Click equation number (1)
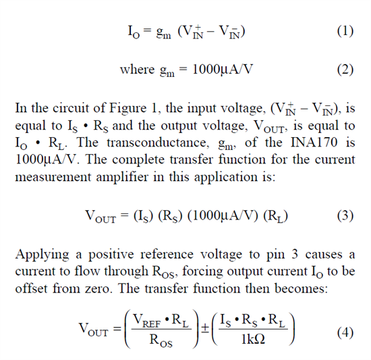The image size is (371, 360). [x=345, y=31]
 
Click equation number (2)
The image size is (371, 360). [x=345, y=70]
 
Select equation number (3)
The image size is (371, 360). [x=345, y=215]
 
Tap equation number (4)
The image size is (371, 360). [x=345, y=332]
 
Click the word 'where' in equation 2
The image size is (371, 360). [x=137, y=70]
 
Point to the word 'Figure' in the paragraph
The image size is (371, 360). [x=127, y=109]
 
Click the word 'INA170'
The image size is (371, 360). [x=314, y=143]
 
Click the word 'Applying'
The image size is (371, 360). [x=42, y=255]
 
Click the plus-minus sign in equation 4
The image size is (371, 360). [x=205, y=328]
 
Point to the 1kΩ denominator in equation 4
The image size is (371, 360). [x=253, y=339]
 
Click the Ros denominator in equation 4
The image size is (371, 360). [x=161, y=340]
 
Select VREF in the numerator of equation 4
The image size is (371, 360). [x=147, y=320]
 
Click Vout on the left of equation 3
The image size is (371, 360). [x=101, y=216]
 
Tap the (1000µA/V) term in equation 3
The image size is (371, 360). [x=223, y=215]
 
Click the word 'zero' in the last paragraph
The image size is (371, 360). [x=98, y=289]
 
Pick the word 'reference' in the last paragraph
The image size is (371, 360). [x=167, y=255]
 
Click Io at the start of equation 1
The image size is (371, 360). [x=134, y=32]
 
